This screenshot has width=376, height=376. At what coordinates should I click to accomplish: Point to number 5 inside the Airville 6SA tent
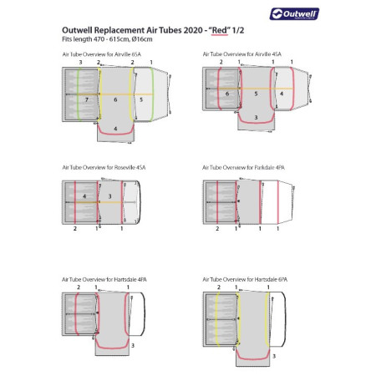140,99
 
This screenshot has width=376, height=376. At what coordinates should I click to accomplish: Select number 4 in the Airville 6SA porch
116,128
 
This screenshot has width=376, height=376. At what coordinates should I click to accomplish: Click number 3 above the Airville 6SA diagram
79,63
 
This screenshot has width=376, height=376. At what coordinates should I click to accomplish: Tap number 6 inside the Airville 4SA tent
227,94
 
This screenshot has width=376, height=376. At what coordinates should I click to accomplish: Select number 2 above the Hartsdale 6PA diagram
219,287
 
